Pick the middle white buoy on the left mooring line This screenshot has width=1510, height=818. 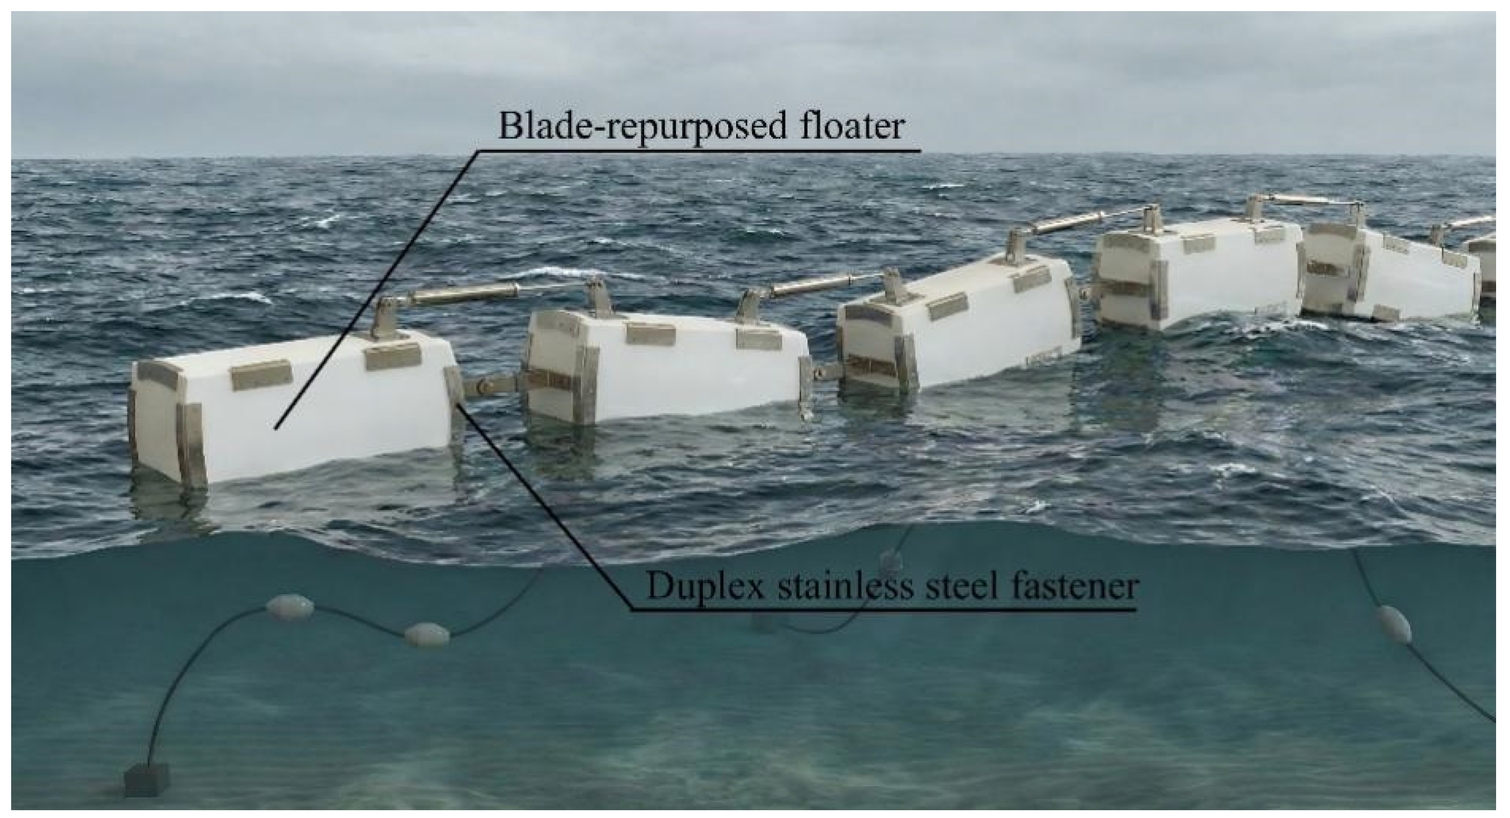coord(427,634)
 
